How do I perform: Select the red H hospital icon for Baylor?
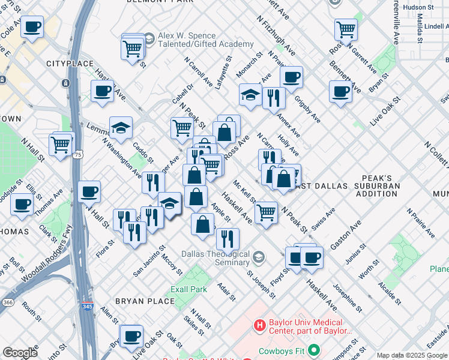coord(259,326)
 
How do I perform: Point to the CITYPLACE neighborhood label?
coord(70,64)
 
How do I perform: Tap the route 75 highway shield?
coord(78,139)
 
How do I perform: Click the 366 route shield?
coord(7,303)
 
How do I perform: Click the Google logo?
coord(20,352)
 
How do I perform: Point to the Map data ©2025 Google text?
coord(411,355)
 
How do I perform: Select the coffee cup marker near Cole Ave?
coord(32,26)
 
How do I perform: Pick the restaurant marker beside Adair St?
coord(228,239)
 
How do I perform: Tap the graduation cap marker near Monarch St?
coord(250,94)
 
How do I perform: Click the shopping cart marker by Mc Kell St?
coord(266,212)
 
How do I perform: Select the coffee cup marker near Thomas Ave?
coord(22,203)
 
